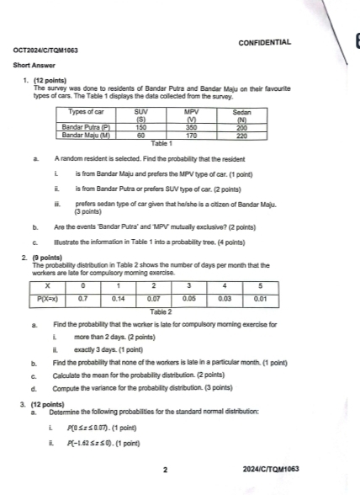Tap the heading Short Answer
point(33,65)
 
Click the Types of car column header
point(90,111)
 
